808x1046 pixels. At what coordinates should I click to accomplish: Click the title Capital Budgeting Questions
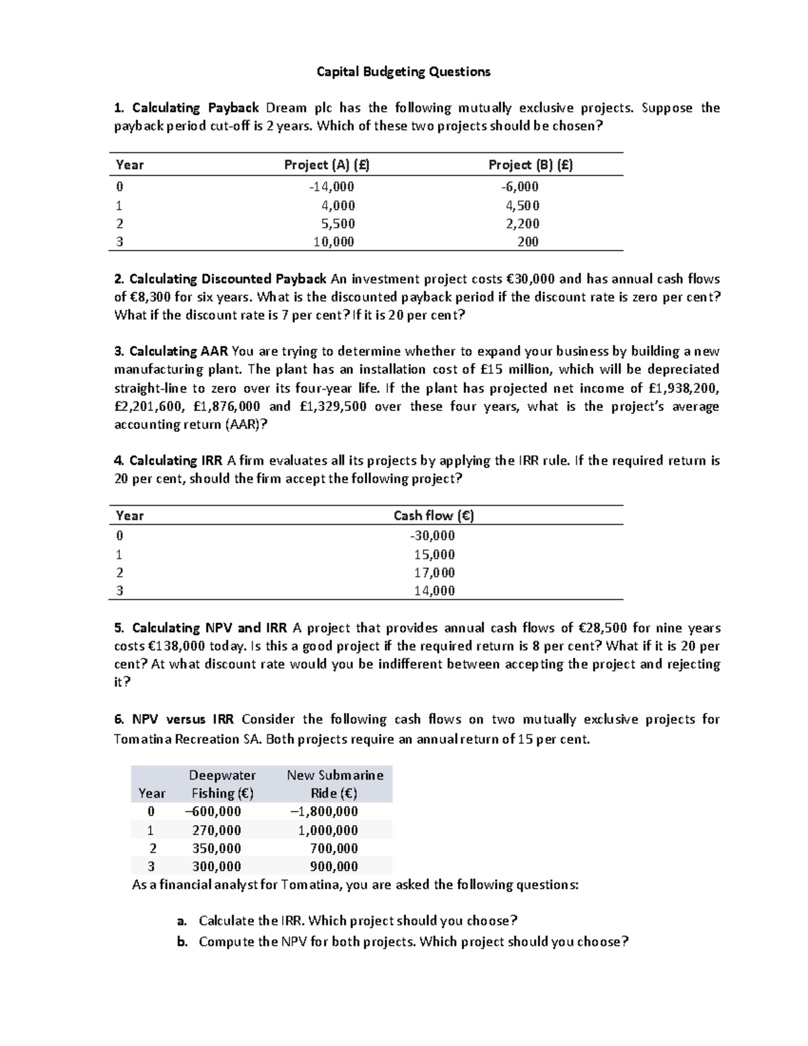[x=403, y=71]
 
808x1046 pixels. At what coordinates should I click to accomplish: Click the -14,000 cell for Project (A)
[x=333, y=187]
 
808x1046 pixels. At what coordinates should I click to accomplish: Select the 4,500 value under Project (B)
[x=523, y=205]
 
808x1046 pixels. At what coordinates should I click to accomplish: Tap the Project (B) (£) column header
[x=531, y=165]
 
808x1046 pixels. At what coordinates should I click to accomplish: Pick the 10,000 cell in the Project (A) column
[x=334, y=242]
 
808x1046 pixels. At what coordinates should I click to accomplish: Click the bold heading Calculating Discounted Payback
[x=228, y=279]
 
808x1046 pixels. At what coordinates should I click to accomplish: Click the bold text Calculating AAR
[x=179, y=351]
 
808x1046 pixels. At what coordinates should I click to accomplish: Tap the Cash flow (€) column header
[x=434, y=516]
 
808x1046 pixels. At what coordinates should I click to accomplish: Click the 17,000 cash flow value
[x=434, y=573]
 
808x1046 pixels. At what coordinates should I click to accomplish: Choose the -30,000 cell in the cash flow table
[x=432, y=535]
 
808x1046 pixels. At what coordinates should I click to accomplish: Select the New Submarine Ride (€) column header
[x=335, y=784]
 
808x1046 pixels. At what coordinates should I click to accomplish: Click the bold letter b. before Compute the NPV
[x=182, y=942]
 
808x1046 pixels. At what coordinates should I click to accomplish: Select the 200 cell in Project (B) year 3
[x=528, y=242]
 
